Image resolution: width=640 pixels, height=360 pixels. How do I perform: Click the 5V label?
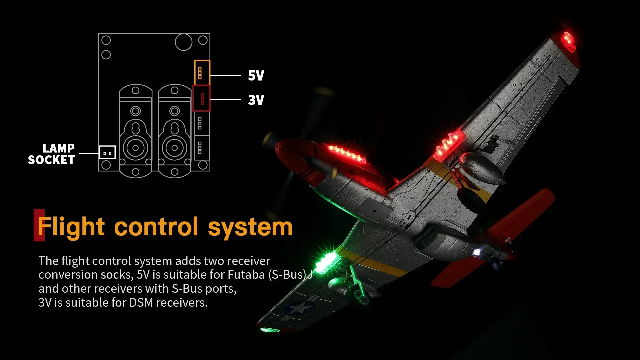pos(256,76)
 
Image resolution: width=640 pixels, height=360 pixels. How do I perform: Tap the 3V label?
pos(256,100)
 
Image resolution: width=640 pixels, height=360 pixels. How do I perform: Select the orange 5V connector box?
pos(202,73)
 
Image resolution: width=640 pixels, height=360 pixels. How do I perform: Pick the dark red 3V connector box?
pos(202,98)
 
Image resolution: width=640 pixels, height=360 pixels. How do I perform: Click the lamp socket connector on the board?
pos(107,152)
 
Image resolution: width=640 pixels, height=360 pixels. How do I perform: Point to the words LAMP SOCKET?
pos(52,154)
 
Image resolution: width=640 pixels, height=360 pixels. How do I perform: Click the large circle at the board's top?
pos(183,42)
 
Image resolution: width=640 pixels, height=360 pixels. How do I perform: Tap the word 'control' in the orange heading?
pos(156,227)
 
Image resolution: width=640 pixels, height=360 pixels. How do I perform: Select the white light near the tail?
pos(477,252)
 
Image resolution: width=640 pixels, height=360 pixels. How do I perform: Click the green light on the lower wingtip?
pos(269,330)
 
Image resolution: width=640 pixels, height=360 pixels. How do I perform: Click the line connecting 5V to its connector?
pos(226,76)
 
